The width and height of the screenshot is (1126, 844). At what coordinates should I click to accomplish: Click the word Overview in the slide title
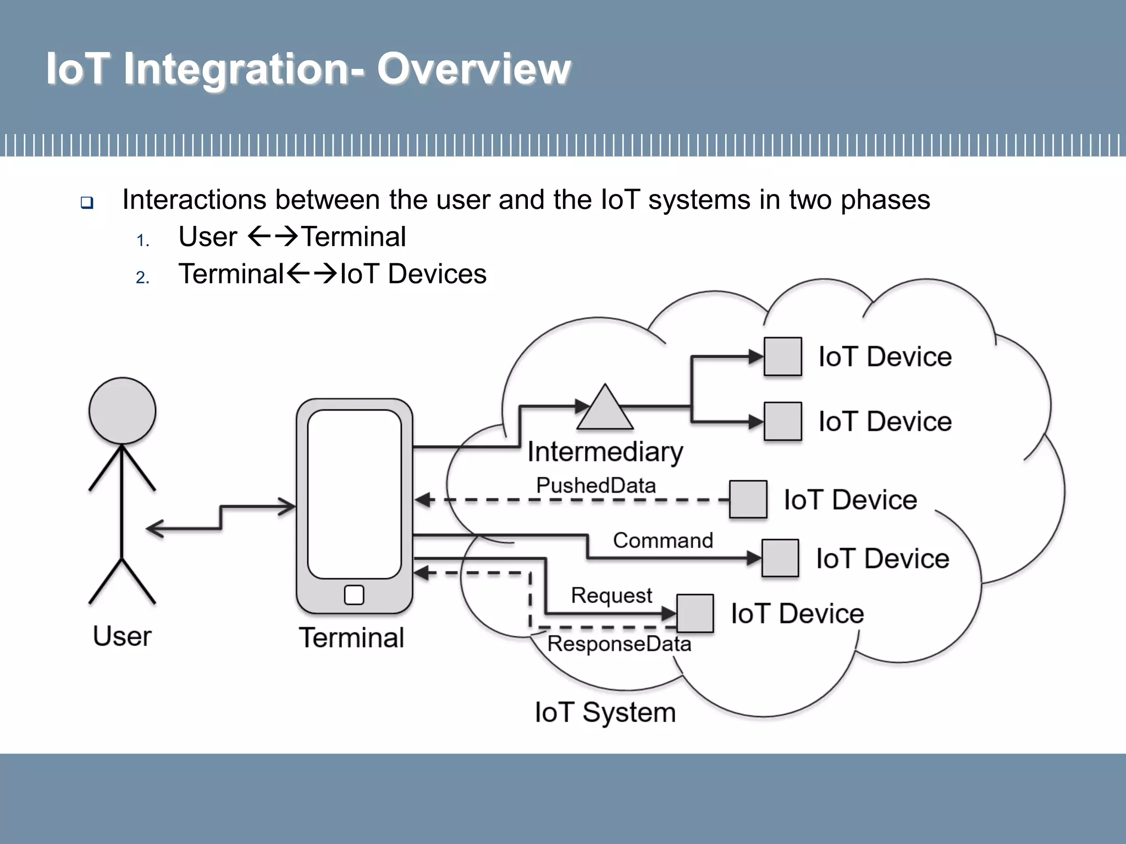[x=473, y=69]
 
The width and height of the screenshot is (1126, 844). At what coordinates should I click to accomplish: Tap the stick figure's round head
[x=122, y=410]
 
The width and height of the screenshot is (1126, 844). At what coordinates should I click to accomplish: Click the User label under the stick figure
[x=122, y=636]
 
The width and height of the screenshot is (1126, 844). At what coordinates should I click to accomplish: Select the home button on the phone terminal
[x=354, y=595]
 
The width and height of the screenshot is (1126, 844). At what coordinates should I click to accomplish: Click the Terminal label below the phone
[x=351, y=638]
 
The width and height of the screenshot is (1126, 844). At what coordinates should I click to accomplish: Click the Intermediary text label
[x=605, y=452]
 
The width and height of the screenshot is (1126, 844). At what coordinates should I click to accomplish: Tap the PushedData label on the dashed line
[x=596, y=485]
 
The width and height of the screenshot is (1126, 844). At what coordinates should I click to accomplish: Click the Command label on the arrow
[x=663, y=540]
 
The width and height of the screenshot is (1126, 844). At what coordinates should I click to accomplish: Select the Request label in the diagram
[x=611, y=595]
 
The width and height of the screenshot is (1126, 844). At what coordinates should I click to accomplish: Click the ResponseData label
[x=619, y=643]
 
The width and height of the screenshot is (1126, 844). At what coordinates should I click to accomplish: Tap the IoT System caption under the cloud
[x=605, y=712]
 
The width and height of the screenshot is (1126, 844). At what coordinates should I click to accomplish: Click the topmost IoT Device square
[x=782, y=357]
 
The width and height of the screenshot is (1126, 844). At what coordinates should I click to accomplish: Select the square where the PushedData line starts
[x=748, y=499]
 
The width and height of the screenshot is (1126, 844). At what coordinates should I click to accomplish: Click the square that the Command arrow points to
[x=780, y=558]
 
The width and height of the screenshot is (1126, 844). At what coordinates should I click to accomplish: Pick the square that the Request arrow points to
[x=695, y=613]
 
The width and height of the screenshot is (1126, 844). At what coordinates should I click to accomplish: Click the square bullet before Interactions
[x=87, y=202]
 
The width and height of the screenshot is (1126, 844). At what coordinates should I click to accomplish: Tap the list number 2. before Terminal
[x=142, y=277]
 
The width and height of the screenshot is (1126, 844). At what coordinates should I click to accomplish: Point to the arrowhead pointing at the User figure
[x=155, y=529]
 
